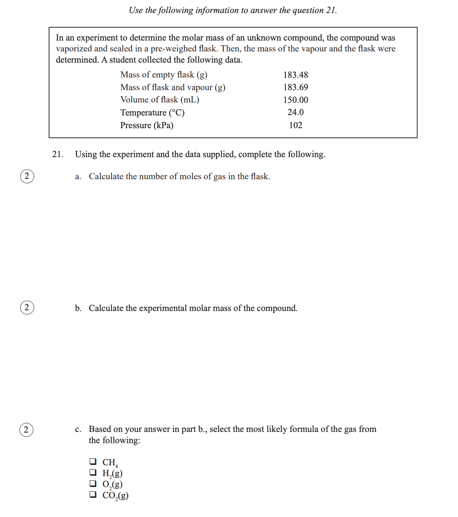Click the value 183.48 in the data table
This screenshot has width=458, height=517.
(x=295, y=75)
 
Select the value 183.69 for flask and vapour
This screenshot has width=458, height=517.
(x=295, y=87)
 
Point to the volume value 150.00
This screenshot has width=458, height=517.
(x=295, y=100)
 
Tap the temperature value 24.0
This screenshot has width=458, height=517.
(x=295, y=112)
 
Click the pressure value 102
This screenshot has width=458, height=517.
(x=295, y=125)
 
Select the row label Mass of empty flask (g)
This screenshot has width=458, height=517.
(x=164, y=75)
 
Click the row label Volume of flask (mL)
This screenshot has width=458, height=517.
(x=160, y=100)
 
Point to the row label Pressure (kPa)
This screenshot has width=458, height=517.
(x=147, y=125)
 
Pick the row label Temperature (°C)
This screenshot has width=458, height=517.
(x=152, y=113)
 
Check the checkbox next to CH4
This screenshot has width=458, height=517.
(x=93, y=461)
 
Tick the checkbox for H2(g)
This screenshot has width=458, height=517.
(x=93, y=472)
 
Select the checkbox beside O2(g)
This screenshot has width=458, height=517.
(x=93, y=483)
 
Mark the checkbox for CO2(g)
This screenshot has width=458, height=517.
(x=93, y=494)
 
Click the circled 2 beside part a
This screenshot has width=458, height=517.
(x=27, y=176)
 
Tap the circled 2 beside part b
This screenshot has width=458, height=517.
(x=27, y=307)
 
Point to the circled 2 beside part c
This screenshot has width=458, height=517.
(x=26, y=430)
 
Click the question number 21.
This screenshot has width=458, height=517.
(x=58, y=154)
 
